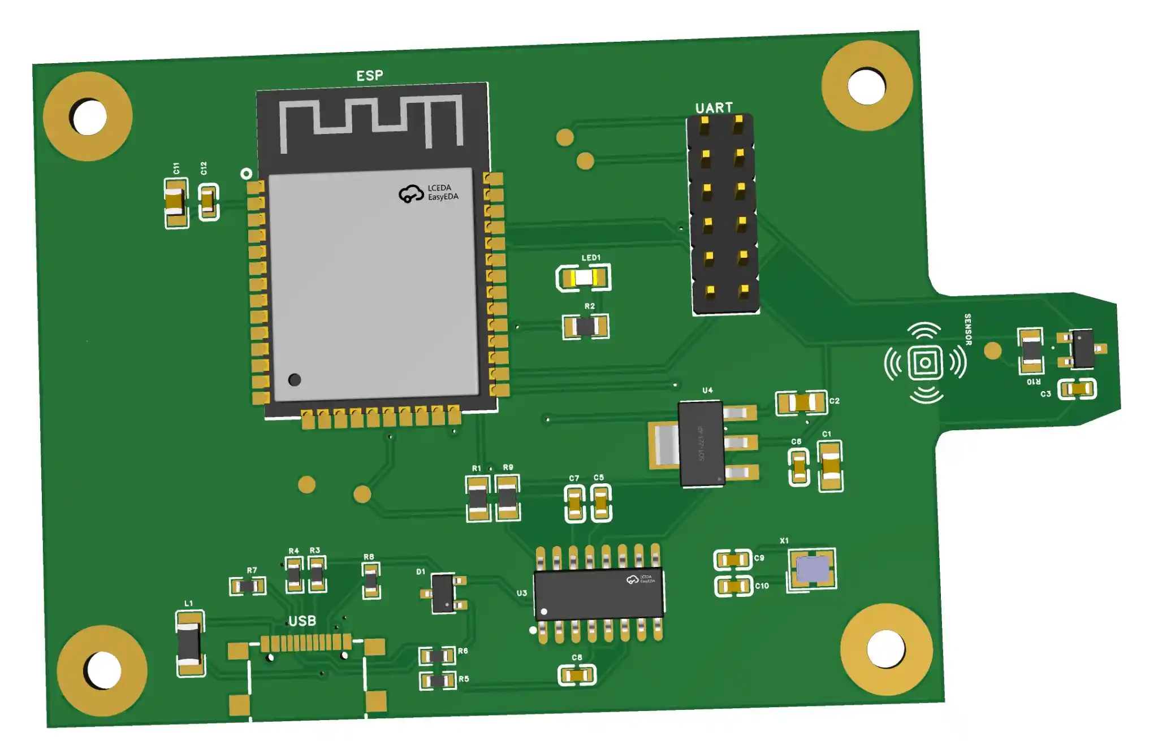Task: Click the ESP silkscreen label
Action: pos(369,76)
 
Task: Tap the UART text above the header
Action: pos(714,108)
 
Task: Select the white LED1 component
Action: pos(584,278)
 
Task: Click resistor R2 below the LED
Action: pos(586,326)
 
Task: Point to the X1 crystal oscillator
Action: pos(812,569)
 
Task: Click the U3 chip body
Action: pos(598,593)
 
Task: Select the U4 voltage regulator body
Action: pos(701,444)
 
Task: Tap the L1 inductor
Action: pos(189,644)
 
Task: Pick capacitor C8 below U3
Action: pos(577,675)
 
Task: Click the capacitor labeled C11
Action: pos(176,203)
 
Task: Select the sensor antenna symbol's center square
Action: pos(925,362)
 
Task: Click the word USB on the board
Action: pos(303,621)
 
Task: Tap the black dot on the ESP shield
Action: pos(295,380)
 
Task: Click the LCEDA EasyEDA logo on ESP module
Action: pos(428,193)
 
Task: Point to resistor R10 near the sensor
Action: pos(1031,351)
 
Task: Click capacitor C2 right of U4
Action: pos(802,402)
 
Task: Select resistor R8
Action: pos(371,580)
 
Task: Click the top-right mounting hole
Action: pos(866,86)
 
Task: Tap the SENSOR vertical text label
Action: pos(967,330)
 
